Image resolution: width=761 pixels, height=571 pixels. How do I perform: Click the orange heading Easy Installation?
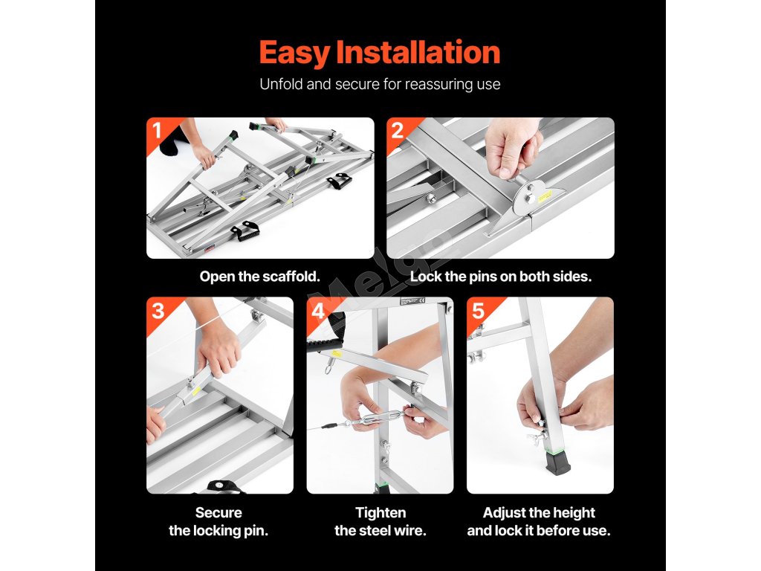(380, 53)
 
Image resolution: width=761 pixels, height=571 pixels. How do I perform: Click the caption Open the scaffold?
(259, 277)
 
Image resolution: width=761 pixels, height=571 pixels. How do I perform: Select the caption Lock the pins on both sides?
(501, 277)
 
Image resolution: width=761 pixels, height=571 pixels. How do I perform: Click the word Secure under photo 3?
(218, 513)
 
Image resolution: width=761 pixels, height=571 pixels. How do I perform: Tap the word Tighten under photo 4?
(380, 513)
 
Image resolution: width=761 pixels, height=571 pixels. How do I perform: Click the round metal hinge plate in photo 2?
(528, 197)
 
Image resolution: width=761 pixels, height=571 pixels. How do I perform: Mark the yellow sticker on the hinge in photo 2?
(545, 196)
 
